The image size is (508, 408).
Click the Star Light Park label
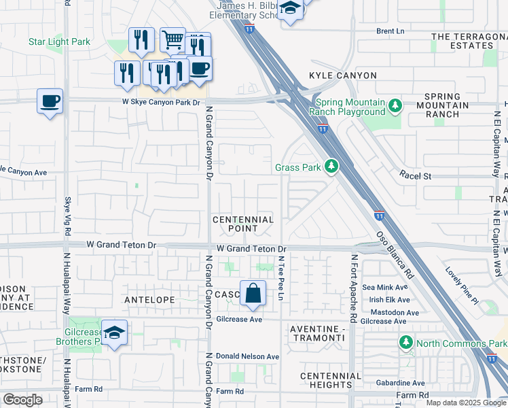tap(59, 42)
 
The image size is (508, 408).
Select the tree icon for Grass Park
tap(331, 167)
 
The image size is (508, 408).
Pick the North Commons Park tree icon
tap(406, 343)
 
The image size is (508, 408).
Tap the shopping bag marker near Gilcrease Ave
tap(253, 294)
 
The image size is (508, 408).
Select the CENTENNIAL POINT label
tap(243, 224)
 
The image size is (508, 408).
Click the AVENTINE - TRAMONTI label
tap(319, 334)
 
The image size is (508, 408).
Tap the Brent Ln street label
tap(391, 31)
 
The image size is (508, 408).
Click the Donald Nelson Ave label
tap(247, 356)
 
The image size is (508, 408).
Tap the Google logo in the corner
tap(23, 400)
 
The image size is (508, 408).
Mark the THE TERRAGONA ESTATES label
tap(469, 41)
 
